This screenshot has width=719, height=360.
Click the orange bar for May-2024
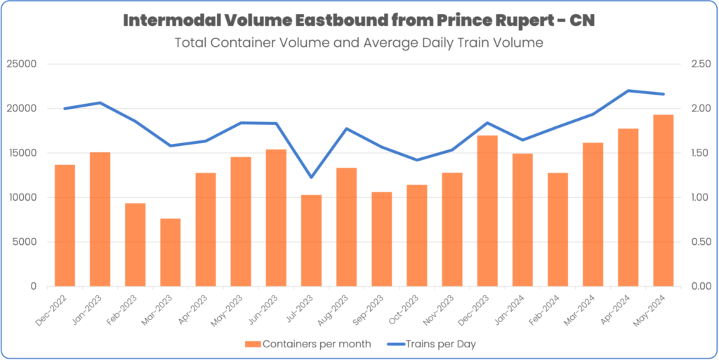point(664,201)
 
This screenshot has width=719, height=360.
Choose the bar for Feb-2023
point(136,245)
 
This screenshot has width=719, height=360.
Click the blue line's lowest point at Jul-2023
point(311,177)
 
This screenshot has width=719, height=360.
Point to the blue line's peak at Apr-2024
point(628,91)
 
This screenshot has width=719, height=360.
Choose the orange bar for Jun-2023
point(276,218)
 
